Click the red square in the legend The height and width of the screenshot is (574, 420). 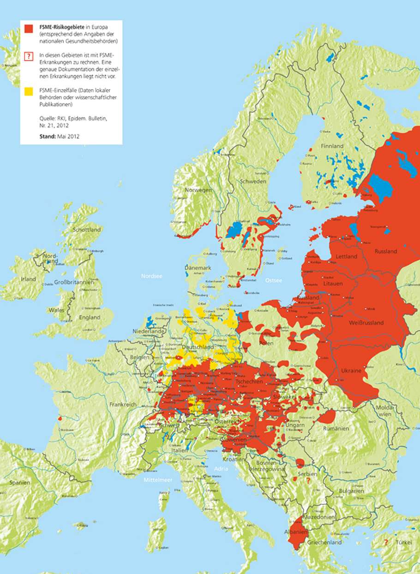pos(29,29)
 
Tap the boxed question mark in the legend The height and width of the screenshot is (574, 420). pos(29,56)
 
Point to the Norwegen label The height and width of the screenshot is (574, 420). pos(198,190)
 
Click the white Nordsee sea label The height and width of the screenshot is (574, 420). pos(152,276)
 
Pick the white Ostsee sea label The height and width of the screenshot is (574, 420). pos(273,280)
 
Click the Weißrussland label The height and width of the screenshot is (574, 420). pos(367,323)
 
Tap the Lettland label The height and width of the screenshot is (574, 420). pos(347,256)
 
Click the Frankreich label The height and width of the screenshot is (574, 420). pos(123,405)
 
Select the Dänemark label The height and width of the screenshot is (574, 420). pos(198,268)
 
